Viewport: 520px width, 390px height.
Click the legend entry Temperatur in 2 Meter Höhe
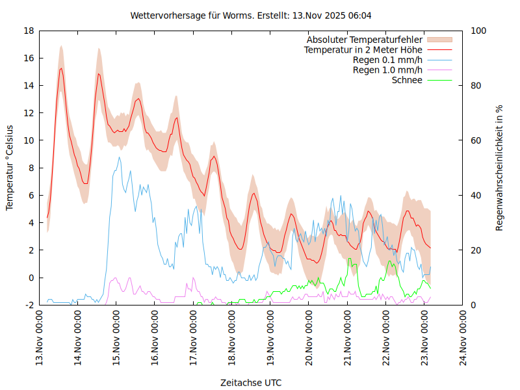click(363, 50)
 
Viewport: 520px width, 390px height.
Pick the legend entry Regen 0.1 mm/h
click(387, 60)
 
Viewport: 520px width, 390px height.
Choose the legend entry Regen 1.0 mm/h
click(387, 70)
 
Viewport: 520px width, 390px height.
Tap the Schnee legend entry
click(407, 80)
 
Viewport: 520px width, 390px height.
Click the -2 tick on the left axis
click(29, 305)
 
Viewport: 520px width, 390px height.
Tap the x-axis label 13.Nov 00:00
click(40, 339)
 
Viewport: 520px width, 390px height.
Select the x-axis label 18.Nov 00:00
click(232, 339)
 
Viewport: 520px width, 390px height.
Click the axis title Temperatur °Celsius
click(10, 167)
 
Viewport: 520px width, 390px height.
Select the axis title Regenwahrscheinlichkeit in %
click(500, 167)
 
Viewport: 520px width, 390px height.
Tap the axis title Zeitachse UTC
click(251, 382)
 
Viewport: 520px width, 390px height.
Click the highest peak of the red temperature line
click(61, 68)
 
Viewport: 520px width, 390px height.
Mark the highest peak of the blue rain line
click(119, 157)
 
